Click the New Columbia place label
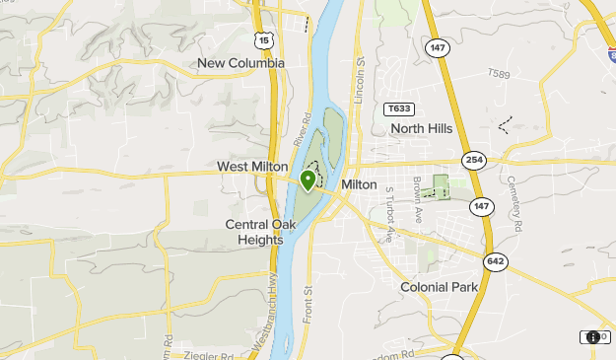(x=240, y=63)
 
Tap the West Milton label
(x=252, y=167)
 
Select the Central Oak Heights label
(x=260, y=232)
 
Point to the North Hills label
(x=421, y=128)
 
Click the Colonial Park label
(x=439, y=287)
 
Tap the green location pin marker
(x=308, y=180)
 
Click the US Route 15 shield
(x=261, y=39)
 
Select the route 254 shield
(x=474, y=160)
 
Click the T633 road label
(x=399, y=108)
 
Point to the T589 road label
(x=502, y=74)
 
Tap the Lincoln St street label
(x=361, y=77)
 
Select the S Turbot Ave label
(x=390, y=215)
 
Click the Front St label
(x=308, y=304)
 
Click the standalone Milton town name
(x=359, y=184)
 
